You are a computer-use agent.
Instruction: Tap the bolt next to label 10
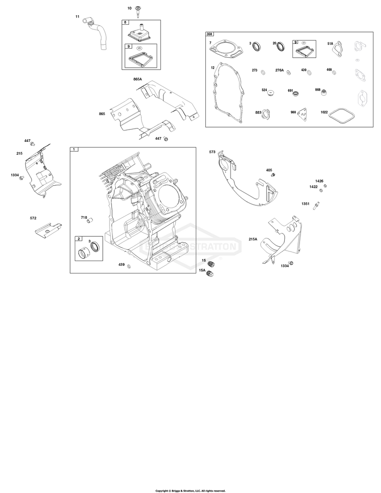click(138, 11)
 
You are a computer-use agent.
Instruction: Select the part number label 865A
click(138, 80)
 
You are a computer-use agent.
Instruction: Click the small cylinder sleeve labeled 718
click(91, 220)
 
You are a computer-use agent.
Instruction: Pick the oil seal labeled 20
click(281, 46)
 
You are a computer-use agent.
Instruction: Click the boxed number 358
click(209, 34)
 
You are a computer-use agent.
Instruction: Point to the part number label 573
click(212, 152)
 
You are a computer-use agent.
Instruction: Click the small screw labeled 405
click(273, 174)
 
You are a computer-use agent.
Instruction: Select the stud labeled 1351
click(315, 206)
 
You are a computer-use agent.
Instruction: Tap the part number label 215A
click(253, 239)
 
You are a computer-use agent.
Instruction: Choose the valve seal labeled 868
click(324, 92)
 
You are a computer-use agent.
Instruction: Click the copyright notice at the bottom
click(190, 491)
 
